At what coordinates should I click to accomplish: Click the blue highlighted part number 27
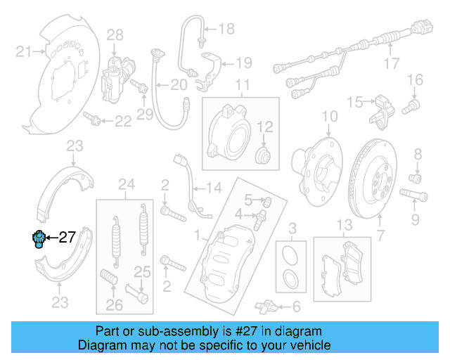click(x=39, y=239)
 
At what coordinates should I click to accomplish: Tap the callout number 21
click(x=24, y=51)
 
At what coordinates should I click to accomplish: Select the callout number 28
click(x=115, y=34)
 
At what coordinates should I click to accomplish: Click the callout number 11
click(x=242, y=86)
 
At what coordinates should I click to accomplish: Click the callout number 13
click(x=343, y=225)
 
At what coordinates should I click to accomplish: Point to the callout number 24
click(x=126, y=185)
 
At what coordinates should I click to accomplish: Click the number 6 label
click(x=295, y=307)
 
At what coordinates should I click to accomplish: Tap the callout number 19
click(x=243, y=63)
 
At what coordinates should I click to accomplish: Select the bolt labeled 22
click(x=92, y=117)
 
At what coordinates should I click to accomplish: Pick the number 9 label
click(x=416, y=221)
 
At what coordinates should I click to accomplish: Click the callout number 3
click(x=293, y=228)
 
